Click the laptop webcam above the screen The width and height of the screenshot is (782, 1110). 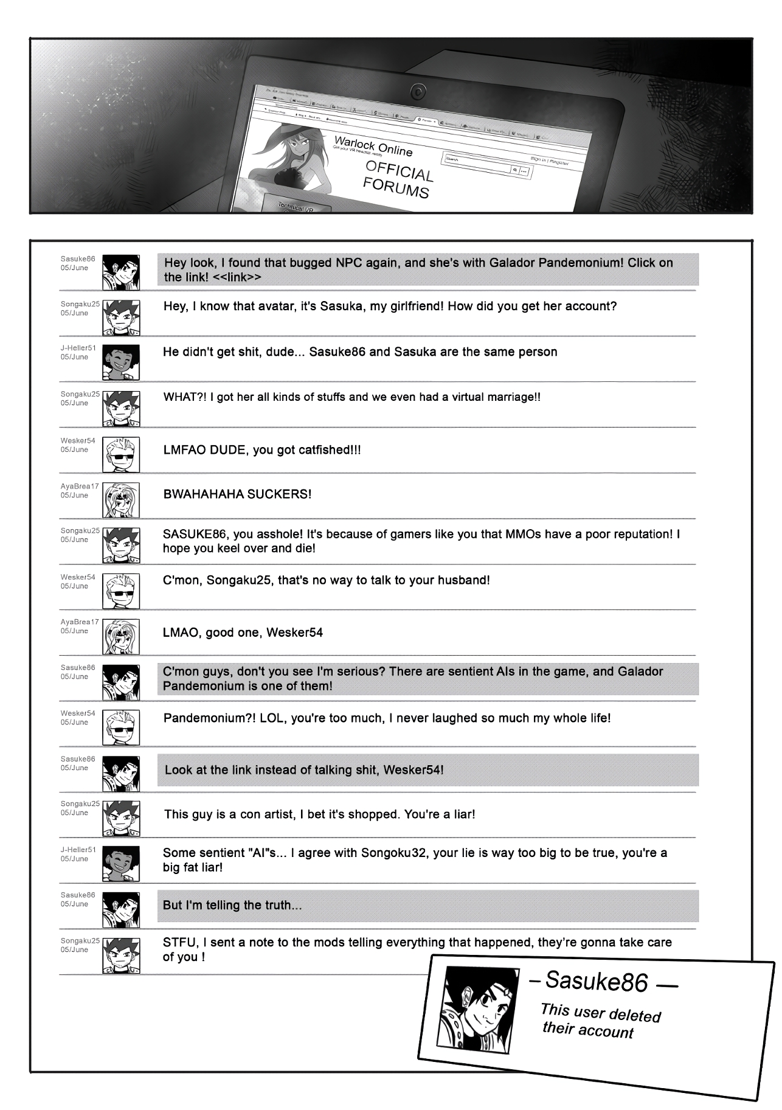pos(418,91)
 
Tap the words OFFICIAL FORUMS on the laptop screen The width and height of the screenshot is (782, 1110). pos(398,180)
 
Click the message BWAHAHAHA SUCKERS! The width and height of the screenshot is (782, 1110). pos(237,494)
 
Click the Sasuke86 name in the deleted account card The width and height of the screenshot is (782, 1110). pos(596,982)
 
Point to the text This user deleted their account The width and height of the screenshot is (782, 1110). pos(599,1021)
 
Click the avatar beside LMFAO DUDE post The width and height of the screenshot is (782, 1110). pos(121,454)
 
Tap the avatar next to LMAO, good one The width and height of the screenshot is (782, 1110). pos(121,636)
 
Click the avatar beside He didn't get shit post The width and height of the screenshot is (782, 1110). pos(121,362)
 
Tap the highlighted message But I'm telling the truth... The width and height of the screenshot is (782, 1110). pos(232,905)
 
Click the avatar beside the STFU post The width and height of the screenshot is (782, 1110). pos(121,955)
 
